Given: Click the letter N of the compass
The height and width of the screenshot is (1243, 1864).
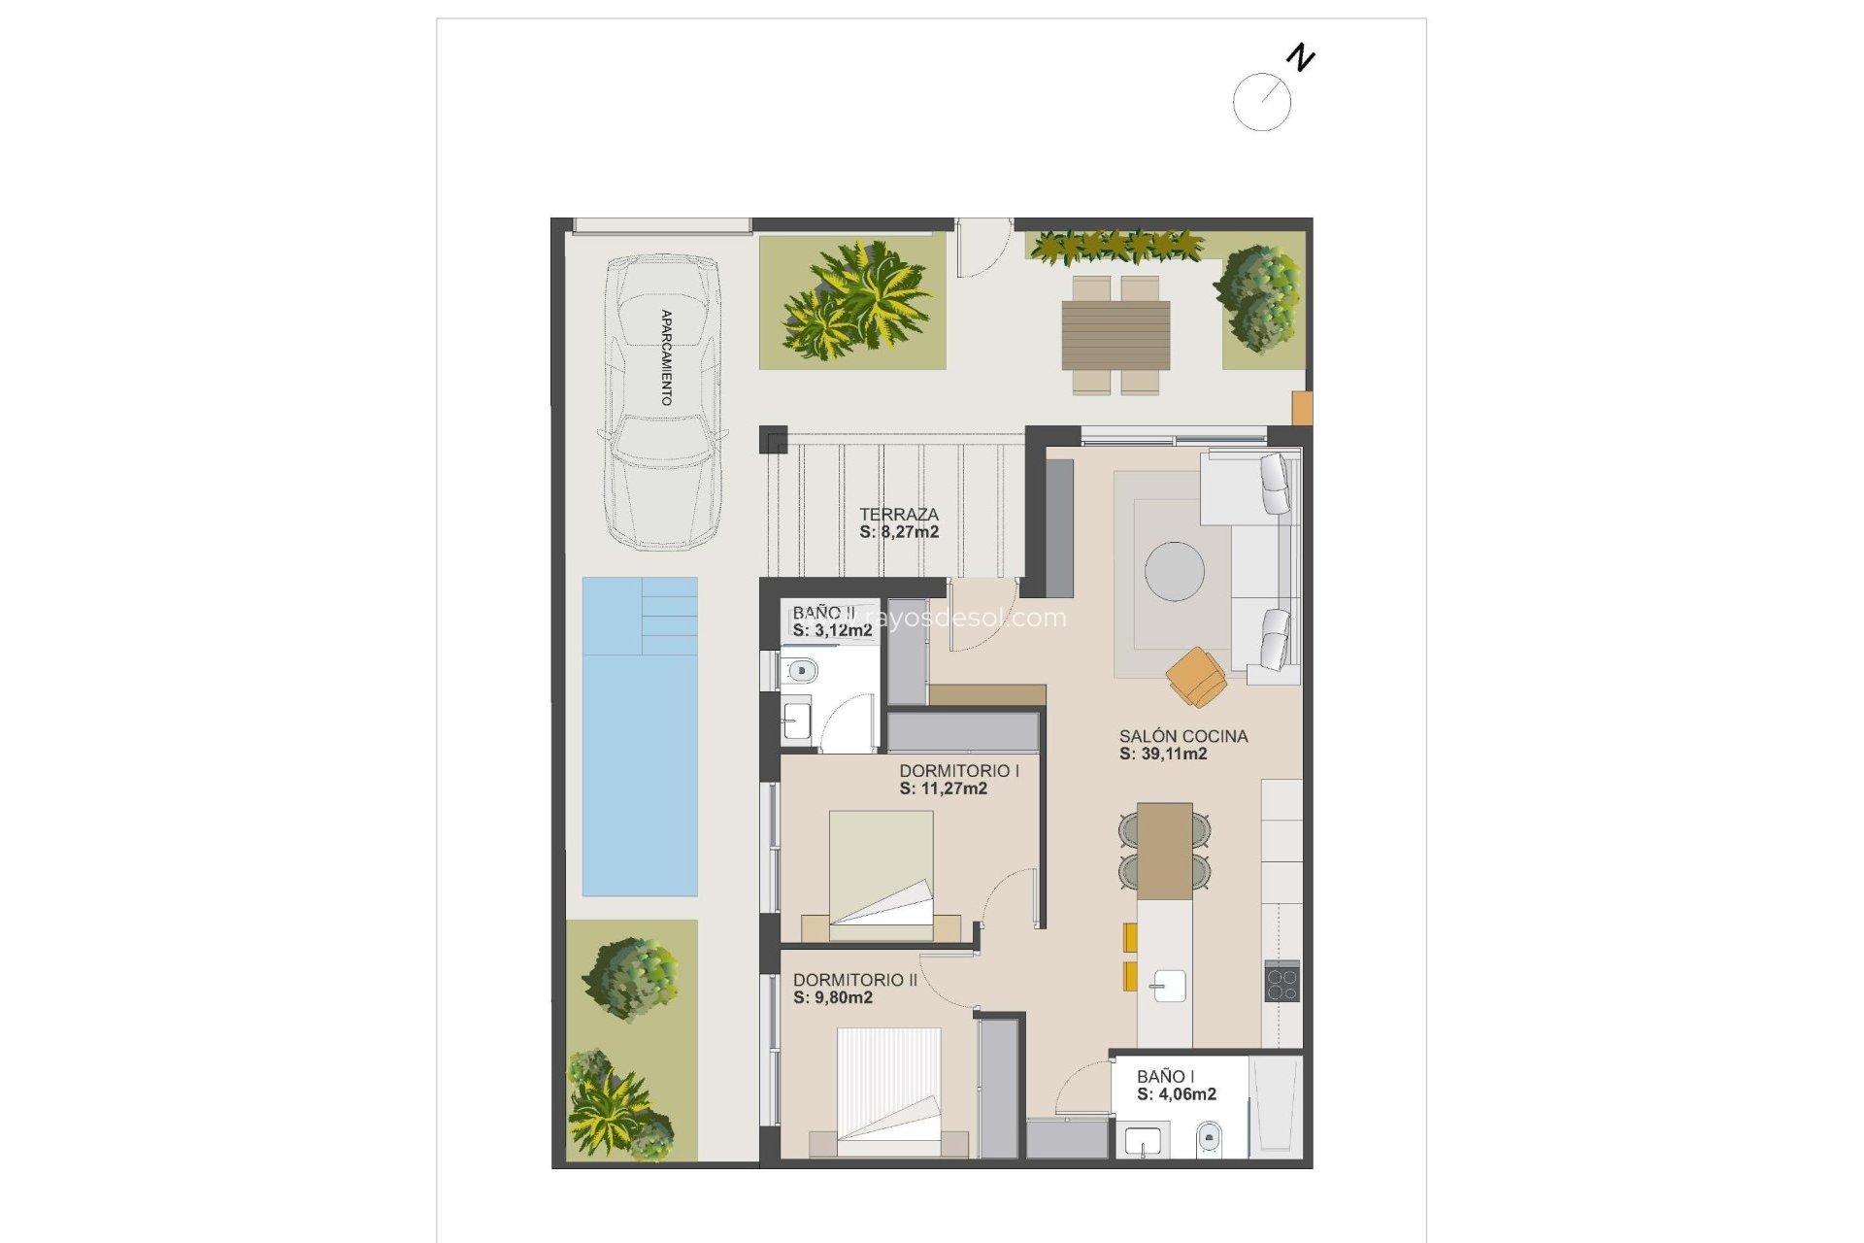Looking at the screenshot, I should pyautogui.click(x=1300, y=58).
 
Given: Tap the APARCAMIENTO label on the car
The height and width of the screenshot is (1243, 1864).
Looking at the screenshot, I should pyautogui.click(x=666, y=356).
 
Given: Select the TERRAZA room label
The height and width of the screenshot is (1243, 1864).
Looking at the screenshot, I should pyautogui.click(x=899, y=515).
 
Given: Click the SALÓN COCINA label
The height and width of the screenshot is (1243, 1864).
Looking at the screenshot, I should pyautogui.click(x=1182, y=736).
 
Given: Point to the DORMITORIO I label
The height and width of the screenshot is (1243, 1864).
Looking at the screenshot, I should pyautogui.click(x=958, y=771).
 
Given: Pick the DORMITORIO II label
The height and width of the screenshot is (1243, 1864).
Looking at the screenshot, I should pyautogui.click(x=854, y=980).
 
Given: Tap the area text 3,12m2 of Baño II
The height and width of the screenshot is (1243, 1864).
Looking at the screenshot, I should pyautogui.click(x=842, y=630).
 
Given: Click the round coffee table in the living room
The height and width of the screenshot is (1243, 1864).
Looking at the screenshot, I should pyautogui.click(x=1174, y=571).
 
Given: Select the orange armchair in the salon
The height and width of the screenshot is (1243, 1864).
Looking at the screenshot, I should pyautogui.click(x=1197, y=676).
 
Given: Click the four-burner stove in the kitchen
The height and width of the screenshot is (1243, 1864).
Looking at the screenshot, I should pyautogui.click(x=1281, y=981).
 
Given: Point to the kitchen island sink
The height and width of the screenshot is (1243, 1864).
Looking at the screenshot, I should pyautogui.click(x=1168, y=986).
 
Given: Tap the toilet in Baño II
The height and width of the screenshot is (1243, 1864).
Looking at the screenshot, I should pyautogui.click(x=801, y=670).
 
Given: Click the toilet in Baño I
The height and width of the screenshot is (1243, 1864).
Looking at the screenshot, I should pyautogui.click(x=1209, y=1135).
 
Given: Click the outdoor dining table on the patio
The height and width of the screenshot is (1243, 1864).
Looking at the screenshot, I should pyautogui.click(x=1115, y=335).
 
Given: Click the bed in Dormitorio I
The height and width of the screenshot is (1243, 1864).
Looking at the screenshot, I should pyautogui.click(x=881, y=874).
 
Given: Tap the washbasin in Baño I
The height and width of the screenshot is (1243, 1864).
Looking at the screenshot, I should pyautogui.click(x=1143, y=1141).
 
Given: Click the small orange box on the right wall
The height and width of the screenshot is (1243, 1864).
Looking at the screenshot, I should pyautogui.click(x=1302, y=408).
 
